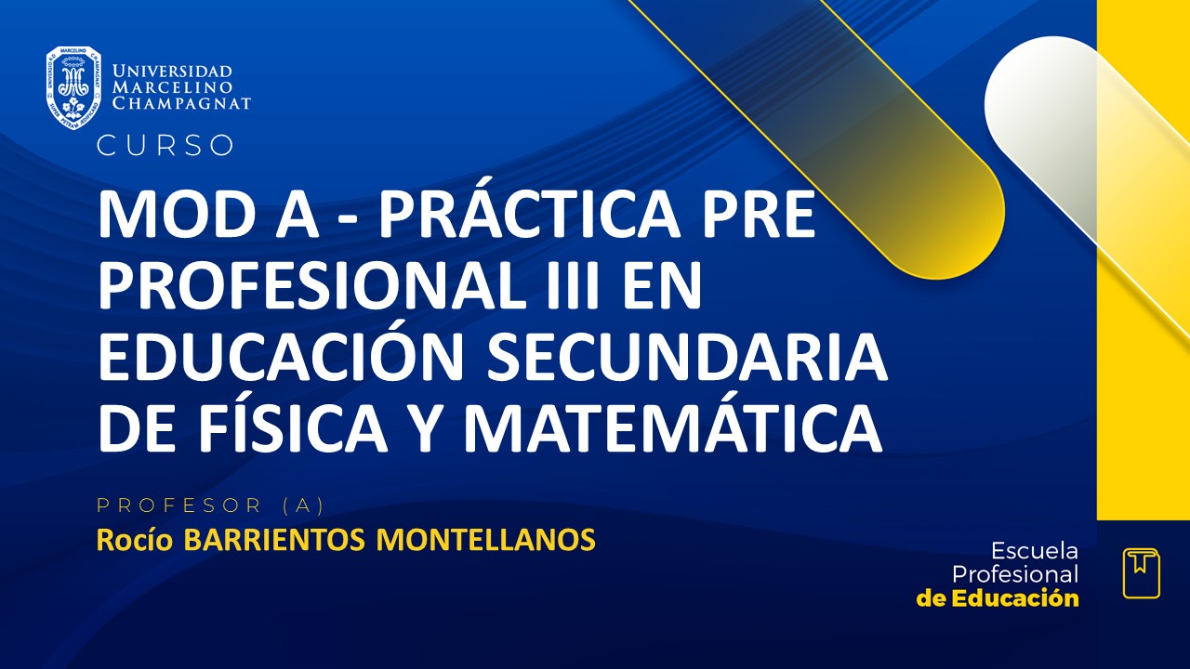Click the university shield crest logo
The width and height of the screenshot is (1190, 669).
[x=73, y=87]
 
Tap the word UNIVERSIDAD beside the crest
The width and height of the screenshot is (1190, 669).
[x=172, y=72]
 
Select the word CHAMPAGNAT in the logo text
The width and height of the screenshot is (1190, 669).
[x=181, y=103]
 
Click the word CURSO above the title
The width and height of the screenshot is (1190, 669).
[x=165, y=146]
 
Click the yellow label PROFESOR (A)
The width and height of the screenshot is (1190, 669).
[x=210, y=505]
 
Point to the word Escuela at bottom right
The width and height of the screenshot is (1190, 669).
[x=1035, y=550]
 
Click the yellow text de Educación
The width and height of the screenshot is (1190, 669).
[x=998, y=598]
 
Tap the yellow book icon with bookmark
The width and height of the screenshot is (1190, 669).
[x=1141, y=573]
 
